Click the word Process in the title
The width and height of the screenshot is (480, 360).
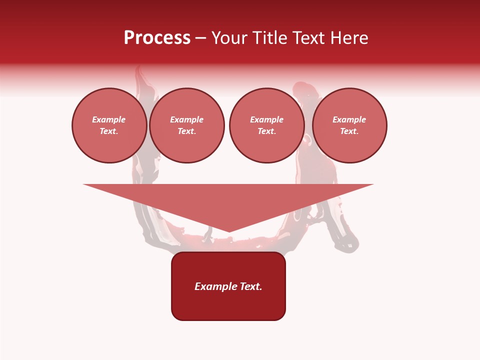(x=157, y=38)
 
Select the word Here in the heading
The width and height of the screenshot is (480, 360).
(x=347, y=38)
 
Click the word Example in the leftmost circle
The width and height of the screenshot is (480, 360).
(x=109, y=119)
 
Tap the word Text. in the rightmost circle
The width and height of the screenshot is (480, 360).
(x=349, y=131)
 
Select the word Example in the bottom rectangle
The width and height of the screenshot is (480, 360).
(x=216, y=286)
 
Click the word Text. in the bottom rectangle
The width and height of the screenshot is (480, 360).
(x=251, y=286)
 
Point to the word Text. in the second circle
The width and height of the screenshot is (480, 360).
(x=186, y=131)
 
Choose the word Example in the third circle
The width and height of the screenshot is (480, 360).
(x=266, y=119)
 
